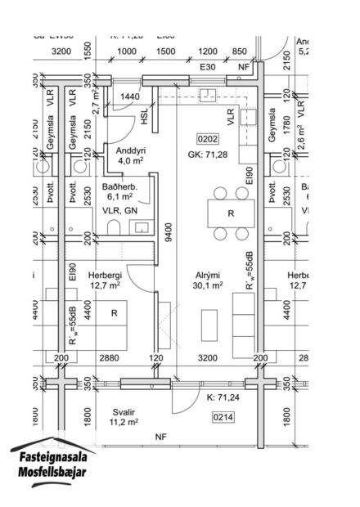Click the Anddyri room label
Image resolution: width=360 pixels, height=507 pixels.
(129, 150)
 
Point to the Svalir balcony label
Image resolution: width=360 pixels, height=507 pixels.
(121, 413)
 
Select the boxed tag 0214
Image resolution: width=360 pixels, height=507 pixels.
(223, 417)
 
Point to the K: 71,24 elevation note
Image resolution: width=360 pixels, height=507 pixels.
(223, 398)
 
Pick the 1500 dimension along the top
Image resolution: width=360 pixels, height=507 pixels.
(166, 51)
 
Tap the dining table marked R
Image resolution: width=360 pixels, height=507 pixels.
(232, 213)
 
